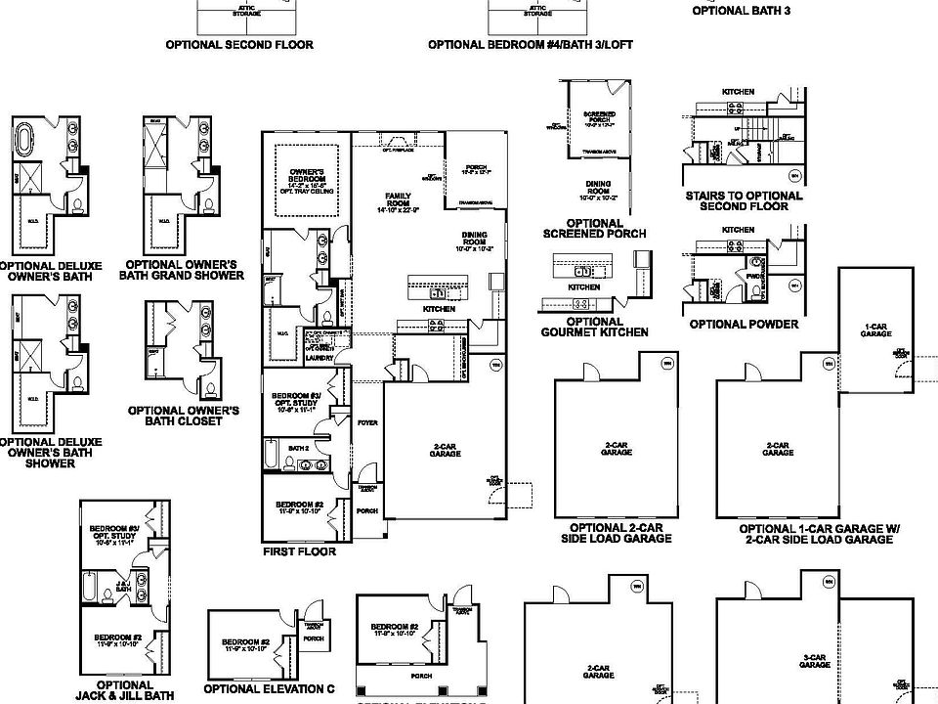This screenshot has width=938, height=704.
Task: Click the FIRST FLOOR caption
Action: (x=299, y=551)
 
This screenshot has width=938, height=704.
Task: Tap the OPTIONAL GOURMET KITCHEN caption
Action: (x=594, y=327)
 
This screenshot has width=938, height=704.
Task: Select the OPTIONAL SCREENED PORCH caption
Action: (x=594, y=229)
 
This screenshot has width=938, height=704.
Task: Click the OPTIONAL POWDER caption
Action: (x=744, y=324)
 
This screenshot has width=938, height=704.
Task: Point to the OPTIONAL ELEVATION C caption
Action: (x=269, y=688)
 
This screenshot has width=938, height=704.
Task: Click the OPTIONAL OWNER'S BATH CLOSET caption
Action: (x=184, y=416)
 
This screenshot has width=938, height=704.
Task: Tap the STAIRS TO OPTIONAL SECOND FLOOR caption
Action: (x=744, y=200)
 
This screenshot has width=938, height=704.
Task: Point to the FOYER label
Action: (x=366, y=422)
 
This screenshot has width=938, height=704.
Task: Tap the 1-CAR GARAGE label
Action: (x=875, y=330)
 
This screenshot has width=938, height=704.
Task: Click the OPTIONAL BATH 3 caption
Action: (x=754, y=11)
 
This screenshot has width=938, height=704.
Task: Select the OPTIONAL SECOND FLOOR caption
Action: (x=239, y=45)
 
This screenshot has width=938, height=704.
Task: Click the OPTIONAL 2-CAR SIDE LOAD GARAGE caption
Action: (x=617, y=533)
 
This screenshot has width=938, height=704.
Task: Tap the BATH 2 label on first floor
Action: (x=299, y=448)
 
